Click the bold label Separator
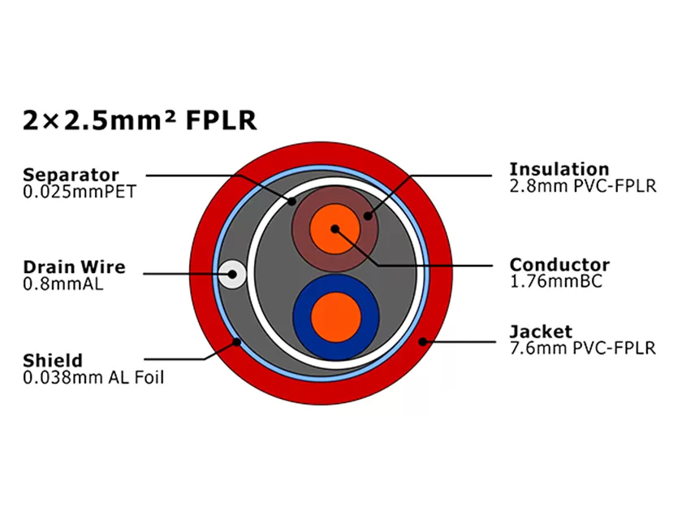71,175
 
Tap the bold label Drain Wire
74,267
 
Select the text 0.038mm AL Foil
93,377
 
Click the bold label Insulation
559,169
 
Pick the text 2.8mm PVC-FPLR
582,186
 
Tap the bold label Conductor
559,265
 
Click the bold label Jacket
541,332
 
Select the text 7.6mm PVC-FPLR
582,349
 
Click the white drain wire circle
233,274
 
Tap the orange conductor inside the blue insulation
335,317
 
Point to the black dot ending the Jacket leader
421,342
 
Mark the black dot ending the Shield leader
236,342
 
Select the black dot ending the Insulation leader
368,216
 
